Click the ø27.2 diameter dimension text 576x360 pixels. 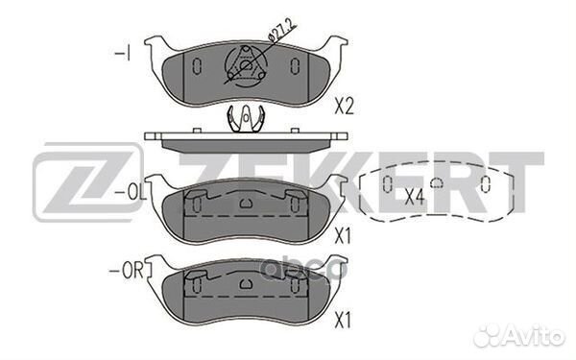282,30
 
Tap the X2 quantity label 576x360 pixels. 344,107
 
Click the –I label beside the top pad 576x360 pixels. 122,54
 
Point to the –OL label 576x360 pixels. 131,193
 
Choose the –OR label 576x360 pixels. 127,271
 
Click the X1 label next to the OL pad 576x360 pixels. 343,236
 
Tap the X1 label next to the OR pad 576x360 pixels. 343,321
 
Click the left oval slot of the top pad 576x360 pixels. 197,66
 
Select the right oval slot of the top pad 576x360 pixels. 295,66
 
